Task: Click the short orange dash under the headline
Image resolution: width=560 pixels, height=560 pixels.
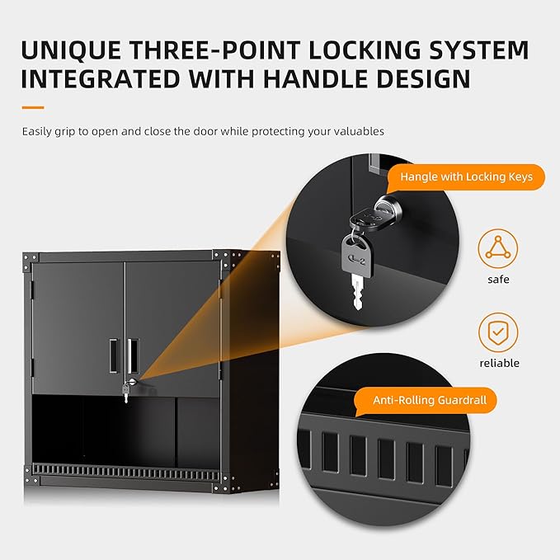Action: pos(32,107)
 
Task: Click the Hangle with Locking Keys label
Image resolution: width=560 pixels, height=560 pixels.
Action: pos(466,176)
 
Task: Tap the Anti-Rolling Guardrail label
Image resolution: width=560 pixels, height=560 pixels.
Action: pos(429,401)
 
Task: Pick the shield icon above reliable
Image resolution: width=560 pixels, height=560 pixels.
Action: pos(498,332)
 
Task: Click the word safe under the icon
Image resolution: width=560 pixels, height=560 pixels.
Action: pos(498,280)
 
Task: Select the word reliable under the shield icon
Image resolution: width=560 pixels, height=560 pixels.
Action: pos(498,363)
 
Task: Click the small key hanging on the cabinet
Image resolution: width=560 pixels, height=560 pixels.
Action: pos(125,394)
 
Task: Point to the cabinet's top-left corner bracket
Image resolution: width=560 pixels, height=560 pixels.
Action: pos(30,261)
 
